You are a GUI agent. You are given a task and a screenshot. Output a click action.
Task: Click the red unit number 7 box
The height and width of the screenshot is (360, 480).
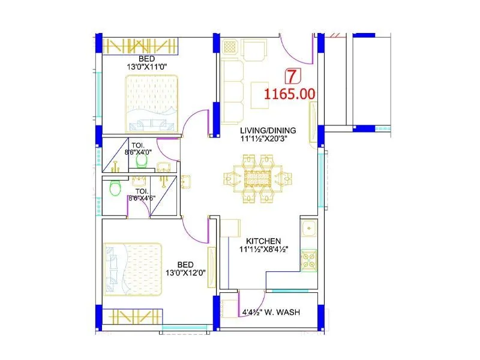[x=292, y=76]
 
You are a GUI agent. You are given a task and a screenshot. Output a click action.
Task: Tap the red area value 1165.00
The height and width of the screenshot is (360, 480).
[x=290, y=94]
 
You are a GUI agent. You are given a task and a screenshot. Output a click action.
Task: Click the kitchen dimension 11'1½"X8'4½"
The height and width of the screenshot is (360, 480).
[x=264, y=249]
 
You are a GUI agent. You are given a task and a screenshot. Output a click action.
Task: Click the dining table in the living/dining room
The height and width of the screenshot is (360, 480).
[x=258, y=178]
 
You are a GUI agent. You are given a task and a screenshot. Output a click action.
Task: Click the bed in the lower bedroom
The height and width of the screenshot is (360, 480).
[x=133, y=269]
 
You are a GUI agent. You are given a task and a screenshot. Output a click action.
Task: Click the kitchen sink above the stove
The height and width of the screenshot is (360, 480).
[x=308, y=229]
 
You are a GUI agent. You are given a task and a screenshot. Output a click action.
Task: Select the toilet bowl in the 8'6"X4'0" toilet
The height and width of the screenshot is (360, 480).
[x=142, y=160]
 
